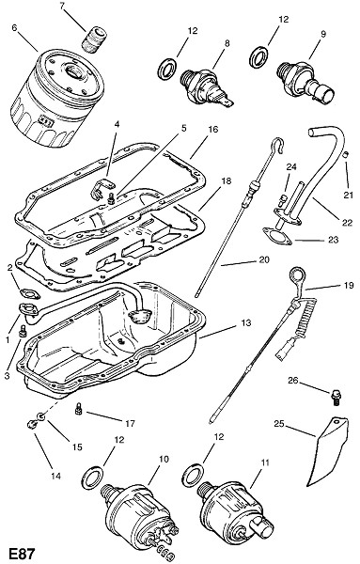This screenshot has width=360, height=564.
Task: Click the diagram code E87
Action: tap(22, 554)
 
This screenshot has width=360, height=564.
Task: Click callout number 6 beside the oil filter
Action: tap(14, 27)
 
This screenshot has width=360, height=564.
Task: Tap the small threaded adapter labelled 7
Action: tap(95, 39)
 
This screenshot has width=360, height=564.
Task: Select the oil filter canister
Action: tap(57, 98)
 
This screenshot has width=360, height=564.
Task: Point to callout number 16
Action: tap(213, 129)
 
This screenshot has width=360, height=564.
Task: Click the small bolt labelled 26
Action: tap(336, 398)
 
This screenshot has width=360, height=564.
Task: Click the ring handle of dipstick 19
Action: tap(297, 277)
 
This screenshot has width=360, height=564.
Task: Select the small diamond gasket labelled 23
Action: tap(277, 236)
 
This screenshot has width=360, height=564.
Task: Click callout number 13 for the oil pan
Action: tap(246, 323)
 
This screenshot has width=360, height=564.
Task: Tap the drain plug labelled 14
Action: tap(32, 425)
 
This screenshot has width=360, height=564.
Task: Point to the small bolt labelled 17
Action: tap(78, 409)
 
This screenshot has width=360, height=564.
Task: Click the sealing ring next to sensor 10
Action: tap(93, 478)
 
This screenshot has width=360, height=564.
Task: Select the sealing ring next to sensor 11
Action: tap(193, 475)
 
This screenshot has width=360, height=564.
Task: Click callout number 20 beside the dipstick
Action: tap(264, 259)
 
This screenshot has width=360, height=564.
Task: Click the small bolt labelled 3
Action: tap(23, 331)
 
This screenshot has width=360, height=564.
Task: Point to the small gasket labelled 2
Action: tap(30, 293)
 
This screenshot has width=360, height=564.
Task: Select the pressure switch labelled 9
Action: tap(305, 82)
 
